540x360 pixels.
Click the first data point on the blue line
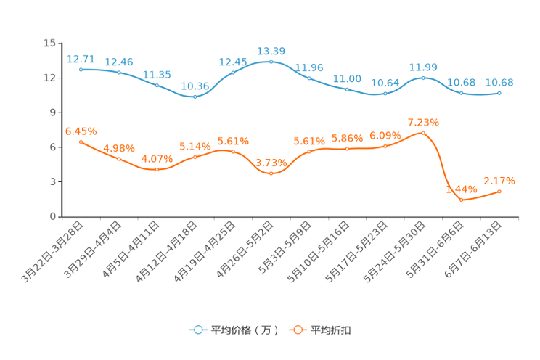pyautogui.click(x=80, y=70)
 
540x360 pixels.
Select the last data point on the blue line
pyautogui.click(x=499, y=93)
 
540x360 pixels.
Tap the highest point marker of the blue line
pyautogui.click(x=271, y=62)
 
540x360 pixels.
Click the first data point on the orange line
pyautogui.click(x=80, y=142)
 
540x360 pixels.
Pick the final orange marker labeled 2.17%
pyautogui.click(x=499, y=192)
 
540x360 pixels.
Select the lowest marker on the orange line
pyautogui.click(x=461, y=200)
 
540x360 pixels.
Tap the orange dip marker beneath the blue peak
pyautogui.click(x=271, y=173)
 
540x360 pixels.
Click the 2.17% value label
pyautogui.click(x=499, y=180)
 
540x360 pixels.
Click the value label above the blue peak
pyautogui.click(x=271, y=51)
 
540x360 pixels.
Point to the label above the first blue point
pyautogui.click(x=80, y=58)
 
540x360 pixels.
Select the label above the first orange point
pyautogui.click(x=80, y=131)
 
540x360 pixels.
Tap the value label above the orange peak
pyautogui.click(x=423, y=121)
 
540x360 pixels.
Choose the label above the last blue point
pyautogui.click(x=499, y=81)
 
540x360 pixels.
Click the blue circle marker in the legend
pyautogui.click(x=197, y=330)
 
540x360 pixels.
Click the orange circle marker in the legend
pyautogui.click(x=297, y=330)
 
